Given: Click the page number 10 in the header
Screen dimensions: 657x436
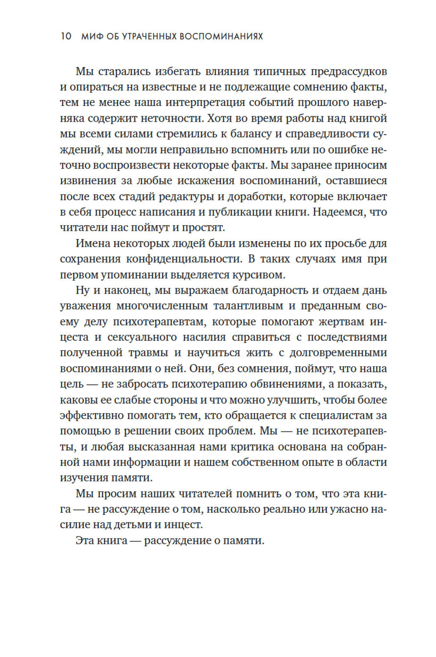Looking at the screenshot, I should click(66, 36).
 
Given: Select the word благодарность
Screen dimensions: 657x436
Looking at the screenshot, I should click(270, 291).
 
